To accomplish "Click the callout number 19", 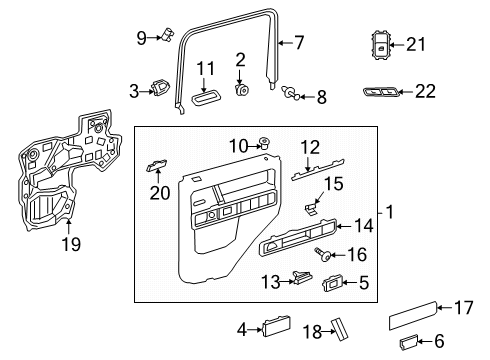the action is click(71, 244).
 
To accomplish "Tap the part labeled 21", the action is click(380, 45).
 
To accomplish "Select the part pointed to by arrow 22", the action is click(380, 92).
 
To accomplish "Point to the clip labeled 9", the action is click(168, 34).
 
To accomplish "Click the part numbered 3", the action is click(161, 88).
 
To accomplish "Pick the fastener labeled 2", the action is click(242, 90).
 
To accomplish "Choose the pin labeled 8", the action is click(289, 92).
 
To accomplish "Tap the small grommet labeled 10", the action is click(264, 144).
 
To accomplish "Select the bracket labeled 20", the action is click(157, 165).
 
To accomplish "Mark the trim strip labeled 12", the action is click(318, 169).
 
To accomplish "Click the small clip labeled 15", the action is click(311, 209).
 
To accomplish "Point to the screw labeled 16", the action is click(323, 254).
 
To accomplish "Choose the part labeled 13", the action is click(303, 277).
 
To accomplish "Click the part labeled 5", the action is click(332, 283).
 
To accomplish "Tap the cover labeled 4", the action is click(277, 326).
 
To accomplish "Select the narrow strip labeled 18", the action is click(338, 329).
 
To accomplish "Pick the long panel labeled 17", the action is click(413, 316).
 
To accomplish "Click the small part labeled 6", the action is click(408, 342).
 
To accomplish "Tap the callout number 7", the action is click(299, 43).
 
